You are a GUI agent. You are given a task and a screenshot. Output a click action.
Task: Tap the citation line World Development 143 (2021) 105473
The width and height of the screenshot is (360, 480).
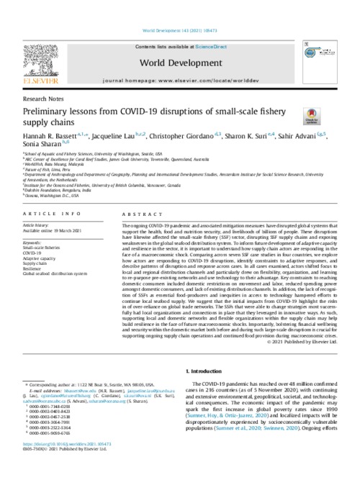tap(179, 9)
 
